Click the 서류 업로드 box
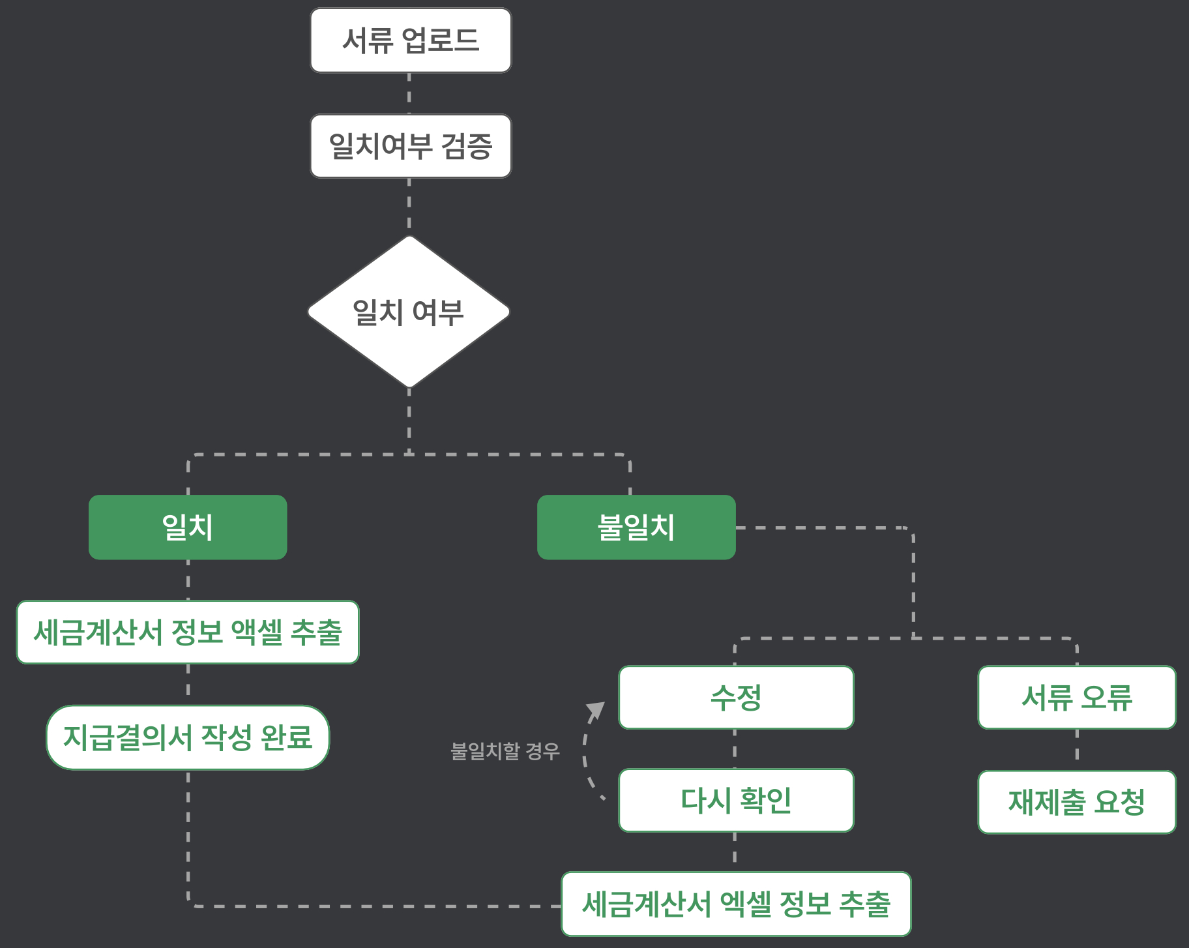(411, 40)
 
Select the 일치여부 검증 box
(411, 146)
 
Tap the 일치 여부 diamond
(409, 312)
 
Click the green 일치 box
(188, 527)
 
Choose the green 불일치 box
(636, 527)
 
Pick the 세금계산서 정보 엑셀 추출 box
(188, 632)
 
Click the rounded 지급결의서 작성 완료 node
(188, 737)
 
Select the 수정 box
(736, 698)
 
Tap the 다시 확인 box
(736, 801)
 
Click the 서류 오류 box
(1077, 698)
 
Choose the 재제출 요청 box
(1077, 802)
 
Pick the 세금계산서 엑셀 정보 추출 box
(736, 904)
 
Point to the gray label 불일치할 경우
(505, 751)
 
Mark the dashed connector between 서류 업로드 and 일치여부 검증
(409, 94)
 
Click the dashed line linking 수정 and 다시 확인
(735, 749)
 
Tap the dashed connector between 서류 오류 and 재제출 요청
(1077, 750)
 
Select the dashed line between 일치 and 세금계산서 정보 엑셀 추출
(188, 580)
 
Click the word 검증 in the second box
(467, 146)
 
